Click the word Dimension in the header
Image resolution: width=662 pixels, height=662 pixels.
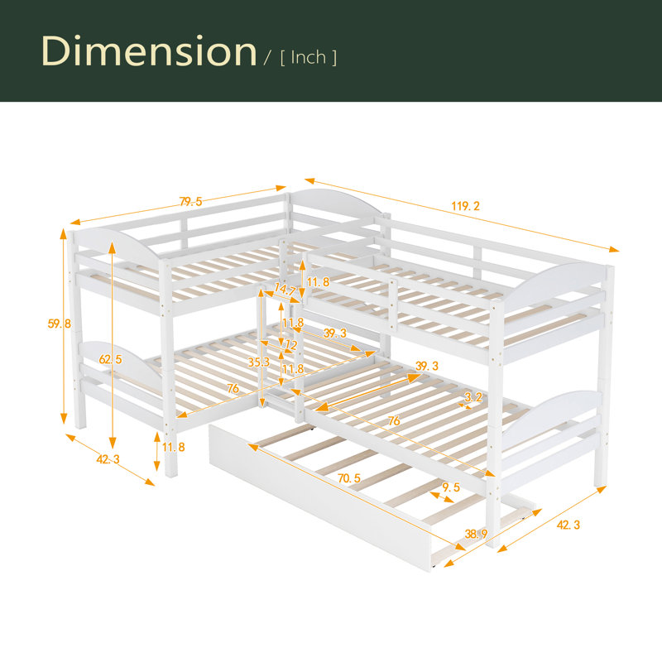149,51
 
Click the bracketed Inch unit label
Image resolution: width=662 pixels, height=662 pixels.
309,57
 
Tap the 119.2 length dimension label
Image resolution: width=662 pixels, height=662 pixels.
466,206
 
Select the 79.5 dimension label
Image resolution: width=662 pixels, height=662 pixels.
191,202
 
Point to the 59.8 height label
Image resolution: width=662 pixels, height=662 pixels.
59,324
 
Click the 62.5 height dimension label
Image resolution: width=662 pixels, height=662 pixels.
110,359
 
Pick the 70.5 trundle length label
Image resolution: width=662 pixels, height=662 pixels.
349,478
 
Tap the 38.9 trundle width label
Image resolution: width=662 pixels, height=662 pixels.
477,534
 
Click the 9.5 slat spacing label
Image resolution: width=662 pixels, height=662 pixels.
451,487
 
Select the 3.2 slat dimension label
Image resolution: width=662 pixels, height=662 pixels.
473,397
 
